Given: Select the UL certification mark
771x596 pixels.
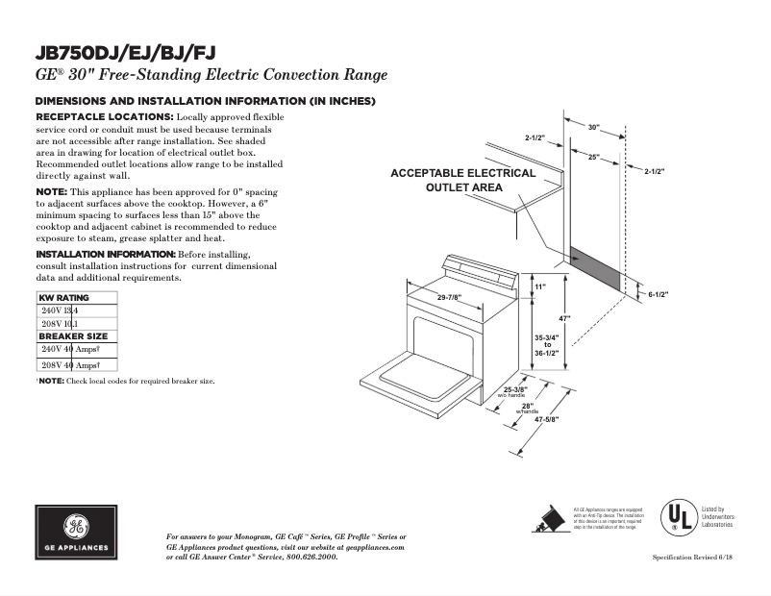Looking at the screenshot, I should click(x=676, y=517).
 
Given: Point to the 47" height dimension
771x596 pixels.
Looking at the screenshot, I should click(x=566, y=318).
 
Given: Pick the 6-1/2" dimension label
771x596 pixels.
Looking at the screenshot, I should click(x=658, y=294).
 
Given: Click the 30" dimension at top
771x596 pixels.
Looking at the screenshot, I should click(x=593, y=127).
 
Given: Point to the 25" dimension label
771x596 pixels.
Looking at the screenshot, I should click(x=594, y=157).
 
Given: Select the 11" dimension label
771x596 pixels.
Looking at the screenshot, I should click(x=539, y=287).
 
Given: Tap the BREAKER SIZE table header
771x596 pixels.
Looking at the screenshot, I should click(x=73, y=336).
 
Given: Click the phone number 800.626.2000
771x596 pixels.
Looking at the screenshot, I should click(x=310, y=557).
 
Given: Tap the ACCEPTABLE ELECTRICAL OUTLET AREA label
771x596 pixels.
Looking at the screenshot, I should click(x=462, y=180).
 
